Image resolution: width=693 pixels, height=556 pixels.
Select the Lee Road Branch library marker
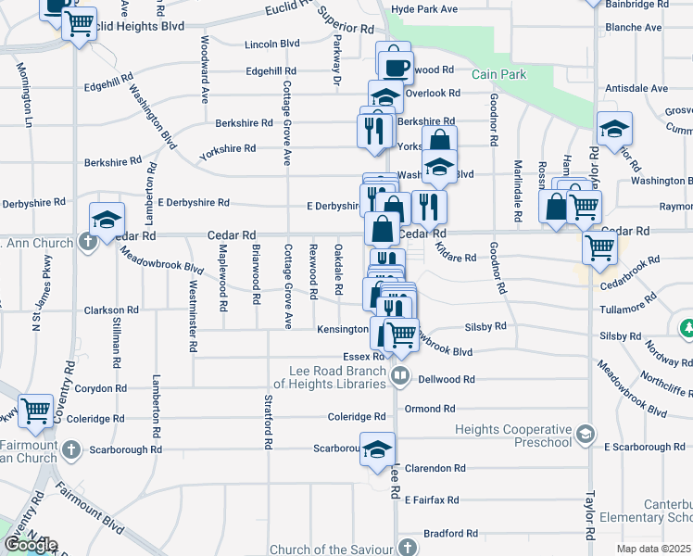pos(400,376)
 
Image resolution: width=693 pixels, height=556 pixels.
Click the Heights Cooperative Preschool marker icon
pos(586,434)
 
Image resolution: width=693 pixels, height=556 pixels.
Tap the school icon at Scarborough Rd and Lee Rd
pos(377,450)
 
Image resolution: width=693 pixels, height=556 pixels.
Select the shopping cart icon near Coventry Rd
pos(36,410)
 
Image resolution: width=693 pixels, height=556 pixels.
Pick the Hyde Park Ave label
pos(424,9)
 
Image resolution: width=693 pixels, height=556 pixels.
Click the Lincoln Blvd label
pos(272,44)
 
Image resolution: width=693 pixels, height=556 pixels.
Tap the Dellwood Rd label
pos(447,379)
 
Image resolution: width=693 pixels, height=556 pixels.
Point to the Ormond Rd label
pos(430,409)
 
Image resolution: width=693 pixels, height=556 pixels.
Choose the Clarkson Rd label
pos(112,310)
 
